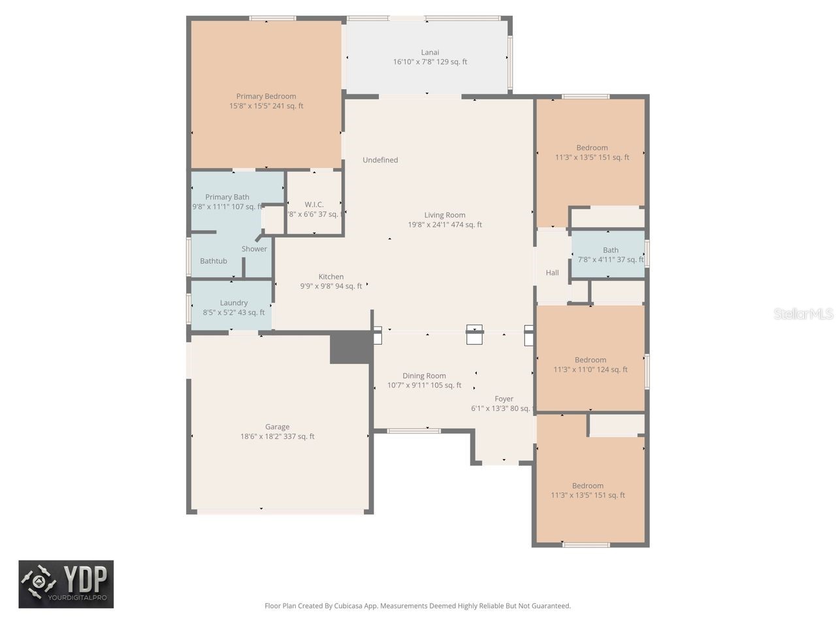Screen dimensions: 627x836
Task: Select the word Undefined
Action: click(x=380, y=160)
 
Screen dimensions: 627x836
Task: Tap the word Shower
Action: click(x=254, y=249)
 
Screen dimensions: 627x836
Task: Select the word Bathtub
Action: click(x=214, y=261)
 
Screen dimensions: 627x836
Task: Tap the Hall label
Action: click(x=552, y=273)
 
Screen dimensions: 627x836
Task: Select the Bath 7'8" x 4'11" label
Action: click(x=611, y=255)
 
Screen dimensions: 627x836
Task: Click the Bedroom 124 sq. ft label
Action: click(x=590, y=364)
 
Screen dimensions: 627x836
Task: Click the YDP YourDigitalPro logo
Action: click(x=66, y=584)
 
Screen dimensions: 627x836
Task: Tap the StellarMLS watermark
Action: click(x=803, y=314)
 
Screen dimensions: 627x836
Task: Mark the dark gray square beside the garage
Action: click(x=351, y=347)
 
